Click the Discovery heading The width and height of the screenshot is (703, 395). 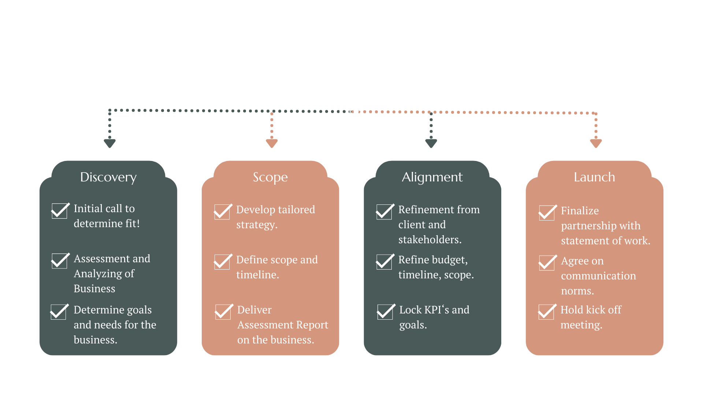point(108,177)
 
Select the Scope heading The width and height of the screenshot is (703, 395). point(270,177)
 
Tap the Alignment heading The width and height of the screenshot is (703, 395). point(432,177)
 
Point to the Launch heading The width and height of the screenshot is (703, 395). point(594,177)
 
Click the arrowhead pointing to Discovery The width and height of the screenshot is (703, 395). point(110,143)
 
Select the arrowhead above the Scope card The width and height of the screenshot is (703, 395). point(272,143)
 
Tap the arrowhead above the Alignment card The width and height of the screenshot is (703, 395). point(431,143)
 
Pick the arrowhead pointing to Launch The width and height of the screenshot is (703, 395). point(596,143)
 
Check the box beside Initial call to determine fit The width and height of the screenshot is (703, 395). point(59,211)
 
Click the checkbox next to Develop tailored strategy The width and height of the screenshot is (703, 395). point(222,212)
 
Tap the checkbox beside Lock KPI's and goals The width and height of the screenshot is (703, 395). point(385,312)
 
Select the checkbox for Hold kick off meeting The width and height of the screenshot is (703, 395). point(546,312)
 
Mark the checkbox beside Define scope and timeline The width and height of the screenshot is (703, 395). point(222,262)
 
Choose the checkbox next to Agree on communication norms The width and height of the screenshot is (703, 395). point(547,263)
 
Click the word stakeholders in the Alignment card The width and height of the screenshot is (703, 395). point(429,240)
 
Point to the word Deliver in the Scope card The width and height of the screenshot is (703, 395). point(254,310)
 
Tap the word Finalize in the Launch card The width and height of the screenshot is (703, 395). point(580,211)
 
